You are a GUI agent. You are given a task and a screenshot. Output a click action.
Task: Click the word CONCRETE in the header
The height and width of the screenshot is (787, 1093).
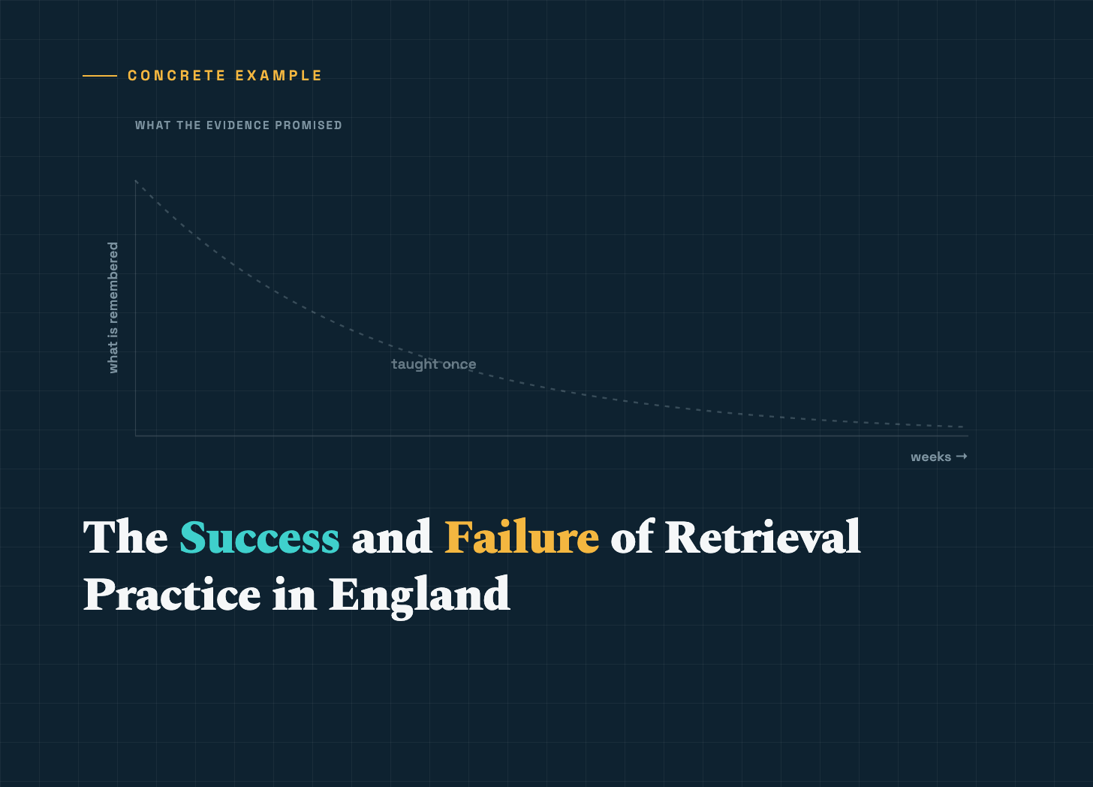click(176, 76)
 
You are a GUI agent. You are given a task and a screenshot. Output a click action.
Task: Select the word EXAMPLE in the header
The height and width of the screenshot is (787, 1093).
click(279, 76)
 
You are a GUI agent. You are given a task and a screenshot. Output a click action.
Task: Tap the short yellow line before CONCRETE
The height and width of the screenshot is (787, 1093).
click(100, 76)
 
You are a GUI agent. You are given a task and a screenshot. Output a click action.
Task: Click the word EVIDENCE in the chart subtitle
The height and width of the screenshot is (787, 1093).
click(238, 125)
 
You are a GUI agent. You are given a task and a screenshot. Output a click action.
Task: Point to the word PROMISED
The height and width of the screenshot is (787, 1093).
click(309, 125)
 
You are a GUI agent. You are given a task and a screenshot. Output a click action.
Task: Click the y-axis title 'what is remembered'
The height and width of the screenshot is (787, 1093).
click(113, 308)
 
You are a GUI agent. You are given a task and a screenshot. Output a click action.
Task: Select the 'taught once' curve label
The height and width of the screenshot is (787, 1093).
click(434, 364)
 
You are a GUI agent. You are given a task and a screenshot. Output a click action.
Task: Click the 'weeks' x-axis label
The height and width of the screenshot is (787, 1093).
click(931, 457)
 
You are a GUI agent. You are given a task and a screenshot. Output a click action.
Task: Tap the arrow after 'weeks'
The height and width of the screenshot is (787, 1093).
click(962, 456)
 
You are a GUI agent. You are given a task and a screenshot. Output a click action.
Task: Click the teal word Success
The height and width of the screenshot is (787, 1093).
click(260, 537)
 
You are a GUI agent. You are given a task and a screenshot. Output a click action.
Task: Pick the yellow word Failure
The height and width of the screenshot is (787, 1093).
click(522, 537)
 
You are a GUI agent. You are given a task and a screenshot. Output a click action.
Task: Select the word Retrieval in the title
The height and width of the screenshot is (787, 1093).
click(763, 536)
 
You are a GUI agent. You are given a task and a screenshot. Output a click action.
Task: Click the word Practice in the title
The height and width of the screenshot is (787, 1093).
click(172, 594)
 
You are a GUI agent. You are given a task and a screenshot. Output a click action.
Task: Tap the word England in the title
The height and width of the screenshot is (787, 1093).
click(419, 596)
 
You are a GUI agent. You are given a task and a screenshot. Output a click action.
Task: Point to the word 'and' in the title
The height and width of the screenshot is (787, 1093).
click(392, 536)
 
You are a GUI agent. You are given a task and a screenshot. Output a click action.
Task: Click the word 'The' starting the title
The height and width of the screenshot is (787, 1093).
click(125, 536)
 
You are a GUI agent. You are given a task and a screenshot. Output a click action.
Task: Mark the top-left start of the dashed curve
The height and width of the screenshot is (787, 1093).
click(136, 181)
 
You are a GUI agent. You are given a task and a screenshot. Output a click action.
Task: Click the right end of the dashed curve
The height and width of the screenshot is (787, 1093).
click(963, 427)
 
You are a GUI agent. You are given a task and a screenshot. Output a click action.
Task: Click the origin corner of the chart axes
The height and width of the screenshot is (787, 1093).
click(136, 436)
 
